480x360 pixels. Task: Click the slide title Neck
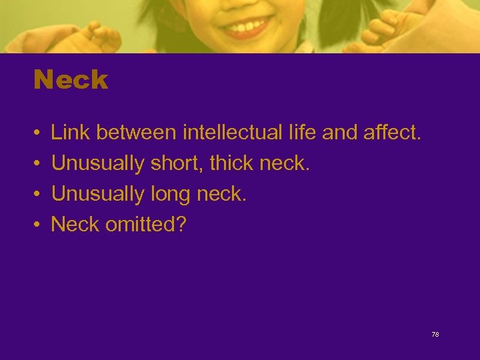tap(71, 80)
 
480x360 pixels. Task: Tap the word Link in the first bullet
tap(70, 133)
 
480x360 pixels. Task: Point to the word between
tap(136, 133)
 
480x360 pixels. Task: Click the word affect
tap(393, 133)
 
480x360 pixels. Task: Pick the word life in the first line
tap(301, 133)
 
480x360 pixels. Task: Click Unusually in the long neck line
tap(98, 194)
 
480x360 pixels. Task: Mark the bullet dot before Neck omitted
tap(37, 225)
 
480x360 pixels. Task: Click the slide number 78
tap(435, 334)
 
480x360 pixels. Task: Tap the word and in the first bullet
tap(339, 133)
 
